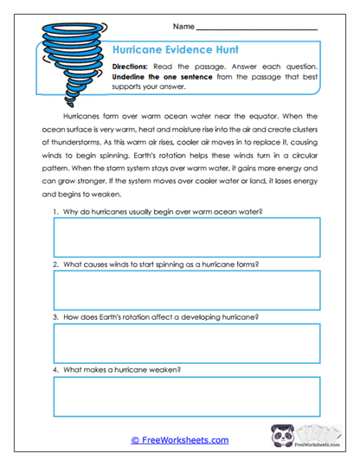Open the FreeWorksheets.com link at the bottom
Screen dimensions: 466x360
pos(179,440)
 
